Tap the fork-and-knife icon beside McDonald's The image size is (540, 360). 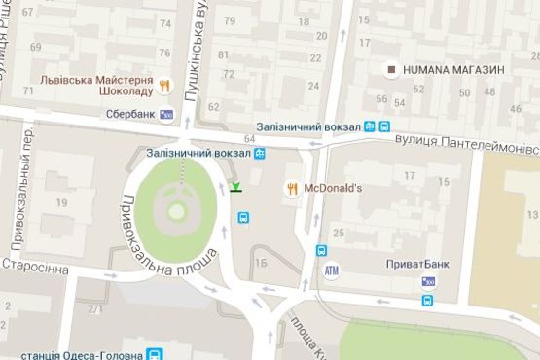coord(291,187)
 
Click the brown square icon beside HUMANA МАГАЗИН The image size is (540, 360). coord(391,69)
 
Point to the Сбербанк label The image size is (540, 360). coord(132,114)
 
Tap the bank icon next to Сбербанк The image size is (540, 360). coord(166,115)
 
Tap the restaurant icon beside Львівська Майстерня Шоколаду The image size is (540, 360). coord(166,85)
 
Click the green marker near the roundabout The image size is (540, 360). coord(236,187)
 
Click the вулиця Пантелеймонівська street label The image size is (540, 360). coord(466,142)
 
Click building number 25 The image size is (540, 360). coord(339,233)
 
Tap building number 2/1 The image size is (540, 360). coord(95,309)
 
